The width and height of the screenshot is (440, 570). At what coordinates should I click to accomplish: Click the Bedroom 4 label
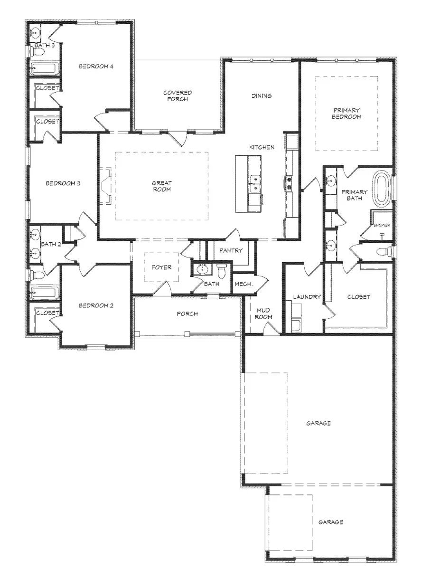pos(96,66)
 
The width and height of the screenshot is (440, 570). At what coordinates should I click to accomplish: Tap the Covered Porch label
pos(178,96)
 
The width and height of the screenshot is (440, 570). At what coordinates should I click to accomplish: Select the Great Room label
pos(162,186)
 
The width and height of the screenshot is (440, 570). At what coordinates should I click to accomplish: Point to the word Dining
pos(262,96)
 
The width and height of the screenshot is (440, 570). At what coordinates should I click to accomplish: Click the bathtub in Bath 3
pos(44,69)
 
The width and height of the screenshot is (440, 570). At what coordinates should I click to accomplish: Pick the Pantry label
pos(231,250)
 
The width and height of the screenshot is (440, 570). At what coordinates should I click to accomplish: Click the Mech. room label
pos(243,284)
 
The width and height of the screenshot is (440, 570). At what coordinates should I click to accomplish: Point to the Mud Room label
pos(263,313)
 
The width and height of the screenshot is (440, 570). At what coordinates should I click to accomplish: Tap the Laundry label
pos(307,297)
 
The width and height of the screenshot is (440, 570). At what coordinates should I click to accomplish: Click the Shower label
pos(382,225)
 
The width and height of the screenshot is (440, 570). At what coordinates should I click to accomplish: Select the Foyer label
pos(161,267)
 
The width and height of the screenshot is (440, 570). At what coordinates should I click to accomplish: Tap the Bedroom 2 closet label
pos(47,313)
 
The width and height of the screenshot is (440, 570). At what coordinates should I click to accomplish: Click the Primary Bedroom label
pos(346,114)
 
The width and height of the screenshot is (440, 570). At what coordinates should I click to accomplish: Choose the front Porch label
pos(187,313)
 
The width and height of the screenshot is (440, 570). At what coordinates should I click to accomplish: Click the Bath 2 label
pos(51,244)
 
